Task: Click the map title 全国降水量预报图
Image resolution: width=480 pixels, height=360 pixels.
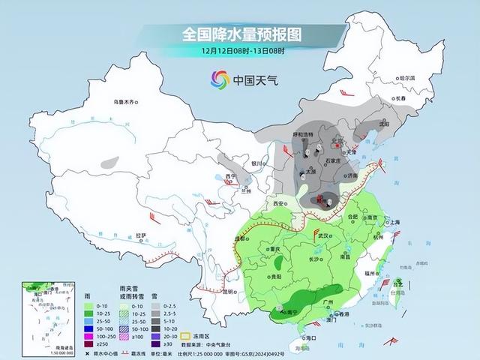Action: click(241, 34)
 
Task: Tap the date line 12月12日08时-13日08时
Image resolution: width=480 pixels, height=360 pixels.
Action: click(241, 51)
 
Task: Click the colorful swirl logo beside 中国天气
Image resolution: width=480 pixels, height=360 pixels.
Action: click(220, 79)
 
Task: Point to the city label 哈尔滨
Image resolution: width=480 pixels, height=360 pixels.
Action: click(406, 77)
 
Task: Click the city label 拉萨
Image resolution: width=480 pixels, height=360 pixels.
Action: click(140, 235)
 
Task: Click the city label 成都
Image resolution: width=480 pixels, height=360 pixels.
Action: click(240, 238)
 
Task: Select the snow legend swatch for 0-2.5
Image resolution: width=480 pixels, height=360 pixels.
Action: click(159, 306)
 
